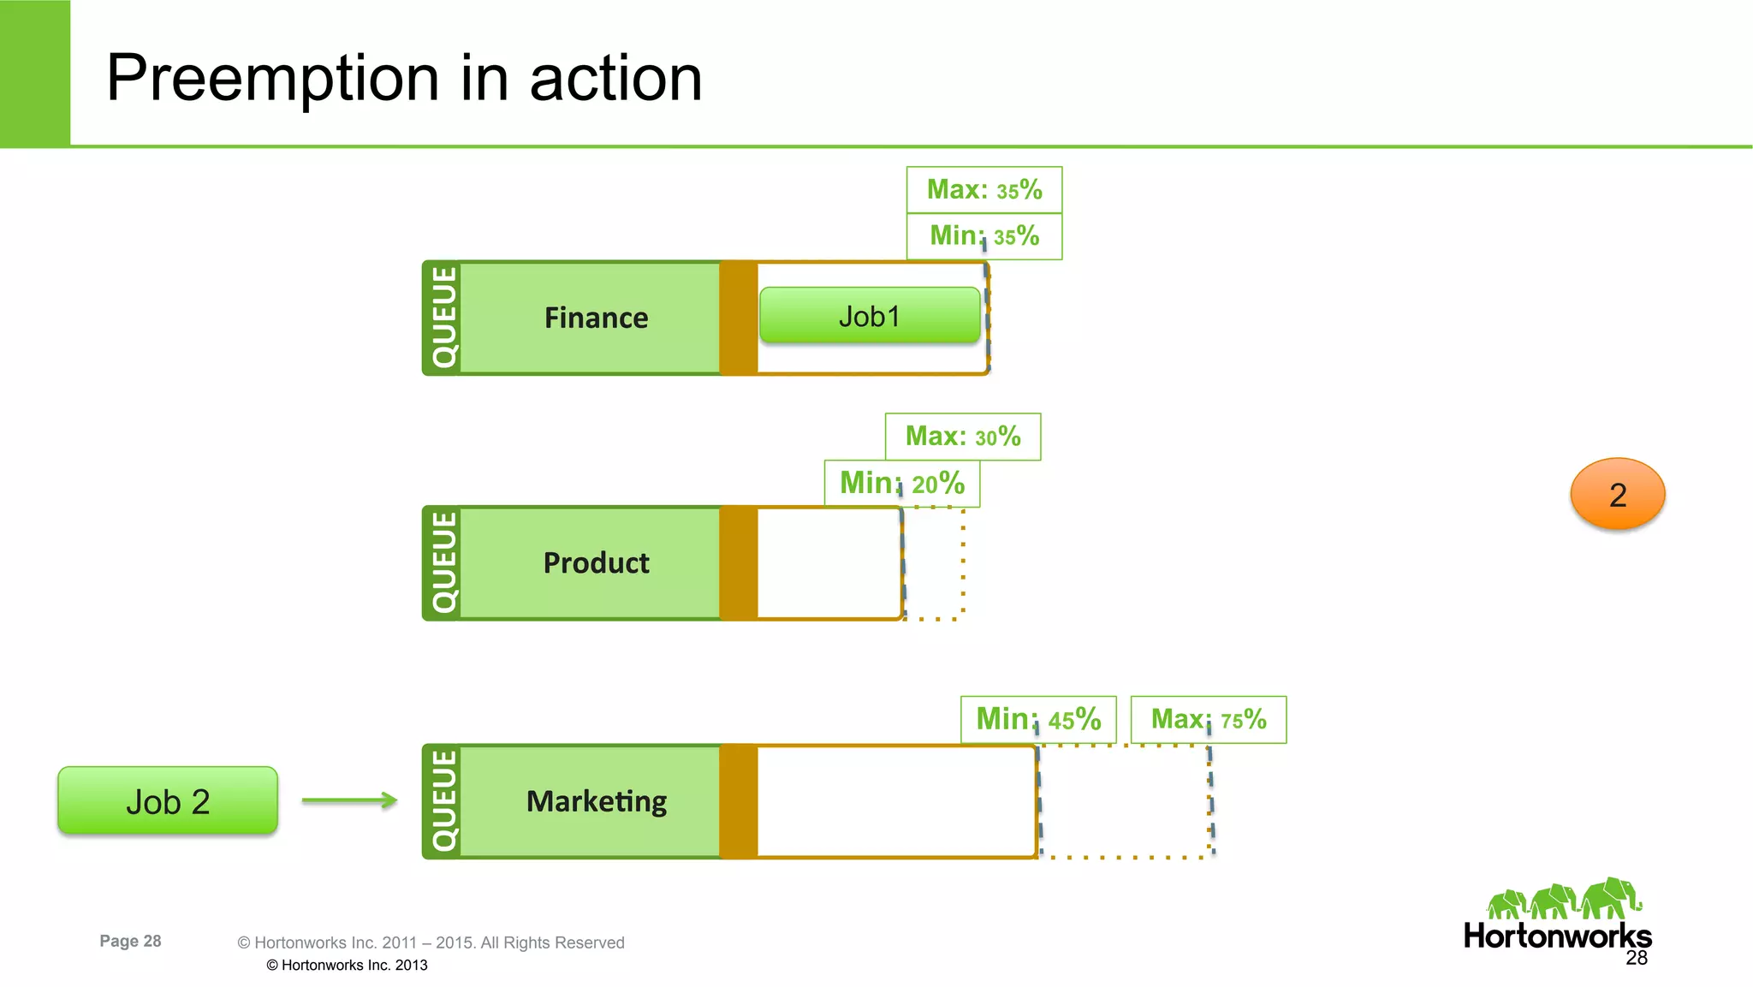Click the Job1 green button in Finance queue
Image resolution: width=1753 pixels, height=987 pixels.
[x=870, y=316]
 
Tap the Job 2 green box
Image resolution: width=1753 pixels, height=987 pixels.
[x=168, y=801]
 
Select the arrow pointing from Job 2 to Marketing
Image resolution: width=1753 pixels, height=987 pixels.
[x=349, y=800]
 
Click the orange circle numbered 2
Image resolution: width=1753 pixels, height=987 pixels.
[x=1617, y=494]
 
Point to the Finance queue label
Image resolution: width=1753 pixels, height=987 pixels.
[x=596, y=318]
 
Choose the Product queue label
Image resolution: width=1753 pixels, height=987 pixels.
[x=596, y=562]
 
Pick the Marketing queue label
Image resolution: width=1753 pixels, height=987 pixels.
[x=596, y=801]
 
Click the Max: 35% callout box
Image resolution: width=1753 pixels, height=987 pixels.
[x=984, y=189]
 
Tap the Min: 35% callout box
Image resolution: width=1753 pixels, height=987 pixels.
[x=984, y=235]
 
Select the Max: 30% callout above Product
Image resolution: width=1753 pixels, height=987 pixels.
[x=963, y=437]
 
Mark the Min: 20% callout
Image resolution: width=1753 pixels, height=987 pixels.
[x=902, y=483]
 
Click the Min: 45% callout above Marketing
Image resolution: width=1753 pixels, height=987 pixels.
[x=1038, y=719]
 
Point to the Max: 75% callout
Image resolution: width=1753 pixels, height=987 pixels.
[x=1208, y=719]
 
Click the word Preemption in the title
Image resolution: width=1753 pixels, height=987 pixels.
[x=272, y=79]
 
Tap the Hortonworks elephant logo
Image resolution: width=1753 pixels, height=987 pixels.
[x=1564, y=899]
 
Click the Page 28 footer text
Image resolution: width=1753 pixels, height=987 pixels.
[x=130, y=941]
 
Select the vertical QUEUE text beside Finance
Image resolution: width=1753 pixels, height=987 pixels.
[x=443, y=318]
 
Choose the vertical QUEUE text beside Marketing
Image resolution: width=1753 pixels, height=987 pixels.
[x=443, y=801]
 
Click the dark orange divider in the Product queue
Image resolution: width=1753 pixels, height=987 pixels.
[x=739, y=562]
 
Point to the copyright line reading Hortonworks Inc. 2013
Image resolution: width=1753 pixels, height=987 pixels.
[x=347, y=965]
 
